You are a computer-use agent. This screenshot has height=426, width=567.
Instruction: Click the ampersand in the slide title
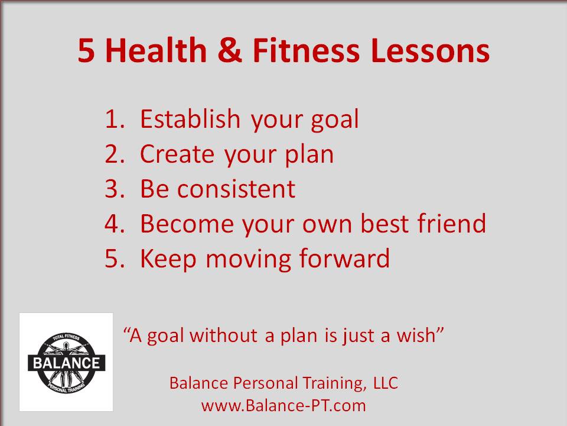[x=230, y=50]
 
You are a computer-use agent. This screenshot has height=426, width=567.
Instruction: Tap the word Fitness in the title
[x=306, y=50]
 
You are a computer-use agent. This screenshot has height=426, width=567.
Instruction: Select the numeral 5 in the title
[x=86, y=50]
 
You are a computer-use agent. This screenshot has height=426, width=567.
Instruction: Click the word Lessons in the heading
[x=430, y=50]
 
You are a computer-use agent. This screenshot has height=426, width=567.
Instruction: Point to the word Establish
[x=190, y=118]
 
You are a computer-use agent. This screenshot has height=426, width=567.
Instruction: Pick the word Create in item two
[x=177, y=154]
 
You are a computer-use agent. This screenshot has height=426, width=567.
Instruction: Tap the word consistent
[x=236, y=189]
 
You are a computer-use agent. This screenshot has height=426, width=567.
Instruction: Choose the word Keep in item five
[x=168, y=259]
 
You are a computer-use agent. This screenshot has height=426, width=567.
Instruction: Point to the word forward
[x=344, y=258]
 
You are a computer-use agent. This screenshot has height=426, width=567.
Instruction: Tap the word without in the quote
[x=223, y=335]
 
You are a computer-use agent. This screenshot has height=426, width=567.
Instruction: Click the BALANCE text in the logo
[x=67, y=363]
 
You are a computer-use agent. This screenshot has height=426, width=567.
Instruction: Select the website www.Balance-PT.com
[x=283, y=405]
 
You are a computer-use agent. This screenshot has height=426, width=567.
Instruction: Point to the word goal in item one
[x=335, y=120]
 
